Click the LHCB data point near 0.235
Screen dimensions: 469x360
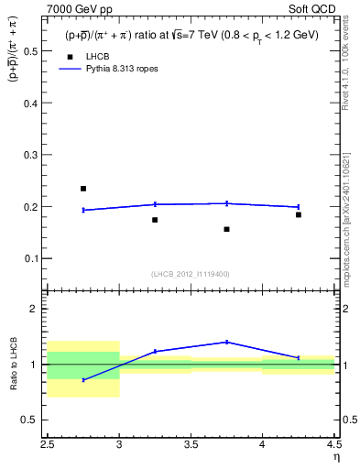click(83, 189)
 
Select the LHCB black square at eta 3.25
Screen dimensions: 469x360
click(155, 220)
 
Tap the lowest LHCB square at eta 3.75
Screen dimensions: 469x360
click(226, 229)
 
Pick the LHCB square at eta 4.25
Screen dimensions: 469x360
click(298, 214)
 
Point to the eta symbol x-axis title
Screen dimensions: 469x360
click(335, 456)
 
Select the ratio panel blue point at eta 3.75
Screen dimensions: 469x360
click(226, 342)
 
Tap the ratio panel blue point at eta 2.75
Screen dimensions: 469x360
click(83, 379)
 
